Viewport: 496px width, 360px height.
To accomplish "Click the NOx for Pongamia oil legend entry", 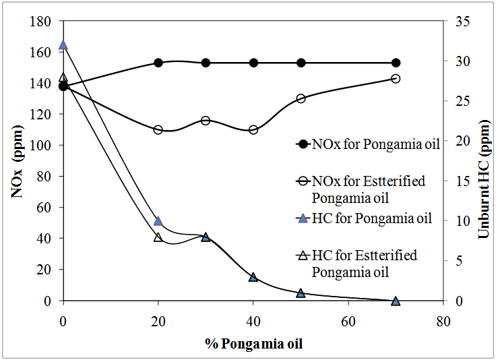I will (368, 144).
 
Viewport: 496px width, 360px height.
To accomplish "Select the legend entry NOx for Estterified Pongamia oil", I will (368, 189).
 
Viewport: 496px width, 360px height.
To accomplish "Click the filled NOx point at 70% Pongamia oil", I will (396, 63).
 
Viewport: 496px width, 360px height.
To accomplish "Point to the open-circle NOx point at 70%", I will (396, 79).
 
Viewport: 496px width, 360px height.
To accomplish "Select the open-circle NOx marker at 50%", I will (301, 98).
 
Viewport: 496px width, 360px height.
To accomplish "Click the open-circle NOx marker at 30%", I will (206, 121).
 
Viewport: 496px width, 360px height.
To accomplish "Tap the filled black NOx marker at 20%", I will (158, 63).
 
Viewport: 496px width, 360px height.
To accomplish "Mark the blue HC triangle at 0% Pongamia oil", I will (63, 45).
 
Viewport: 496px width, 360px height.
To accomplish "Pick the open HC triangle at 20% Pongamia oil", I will (158, 237).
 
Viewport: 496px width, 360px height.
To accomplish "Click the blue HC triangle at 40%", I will (253, 277).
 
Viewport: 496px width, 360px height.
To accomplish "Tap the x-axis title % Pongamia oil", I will (253, 344).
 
